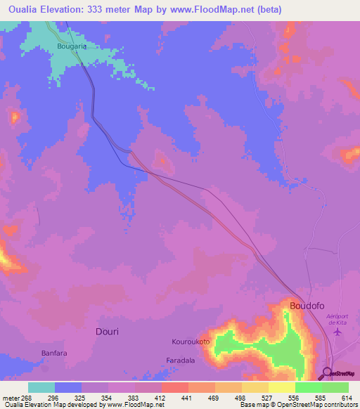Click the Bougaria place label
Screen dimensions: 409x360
(71, 47)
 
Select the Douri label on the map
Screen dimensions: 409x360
(106, 331)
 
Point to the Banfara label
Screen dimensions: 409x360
(52, 353)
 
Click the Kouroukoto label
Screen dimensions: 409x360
(188, 342)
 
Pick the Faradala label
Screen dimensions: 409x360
(180, 360)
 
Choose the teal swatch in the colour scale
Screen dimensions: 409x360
(41, 387)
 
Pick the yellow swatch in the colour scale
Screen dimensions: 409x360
(282, 387)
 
